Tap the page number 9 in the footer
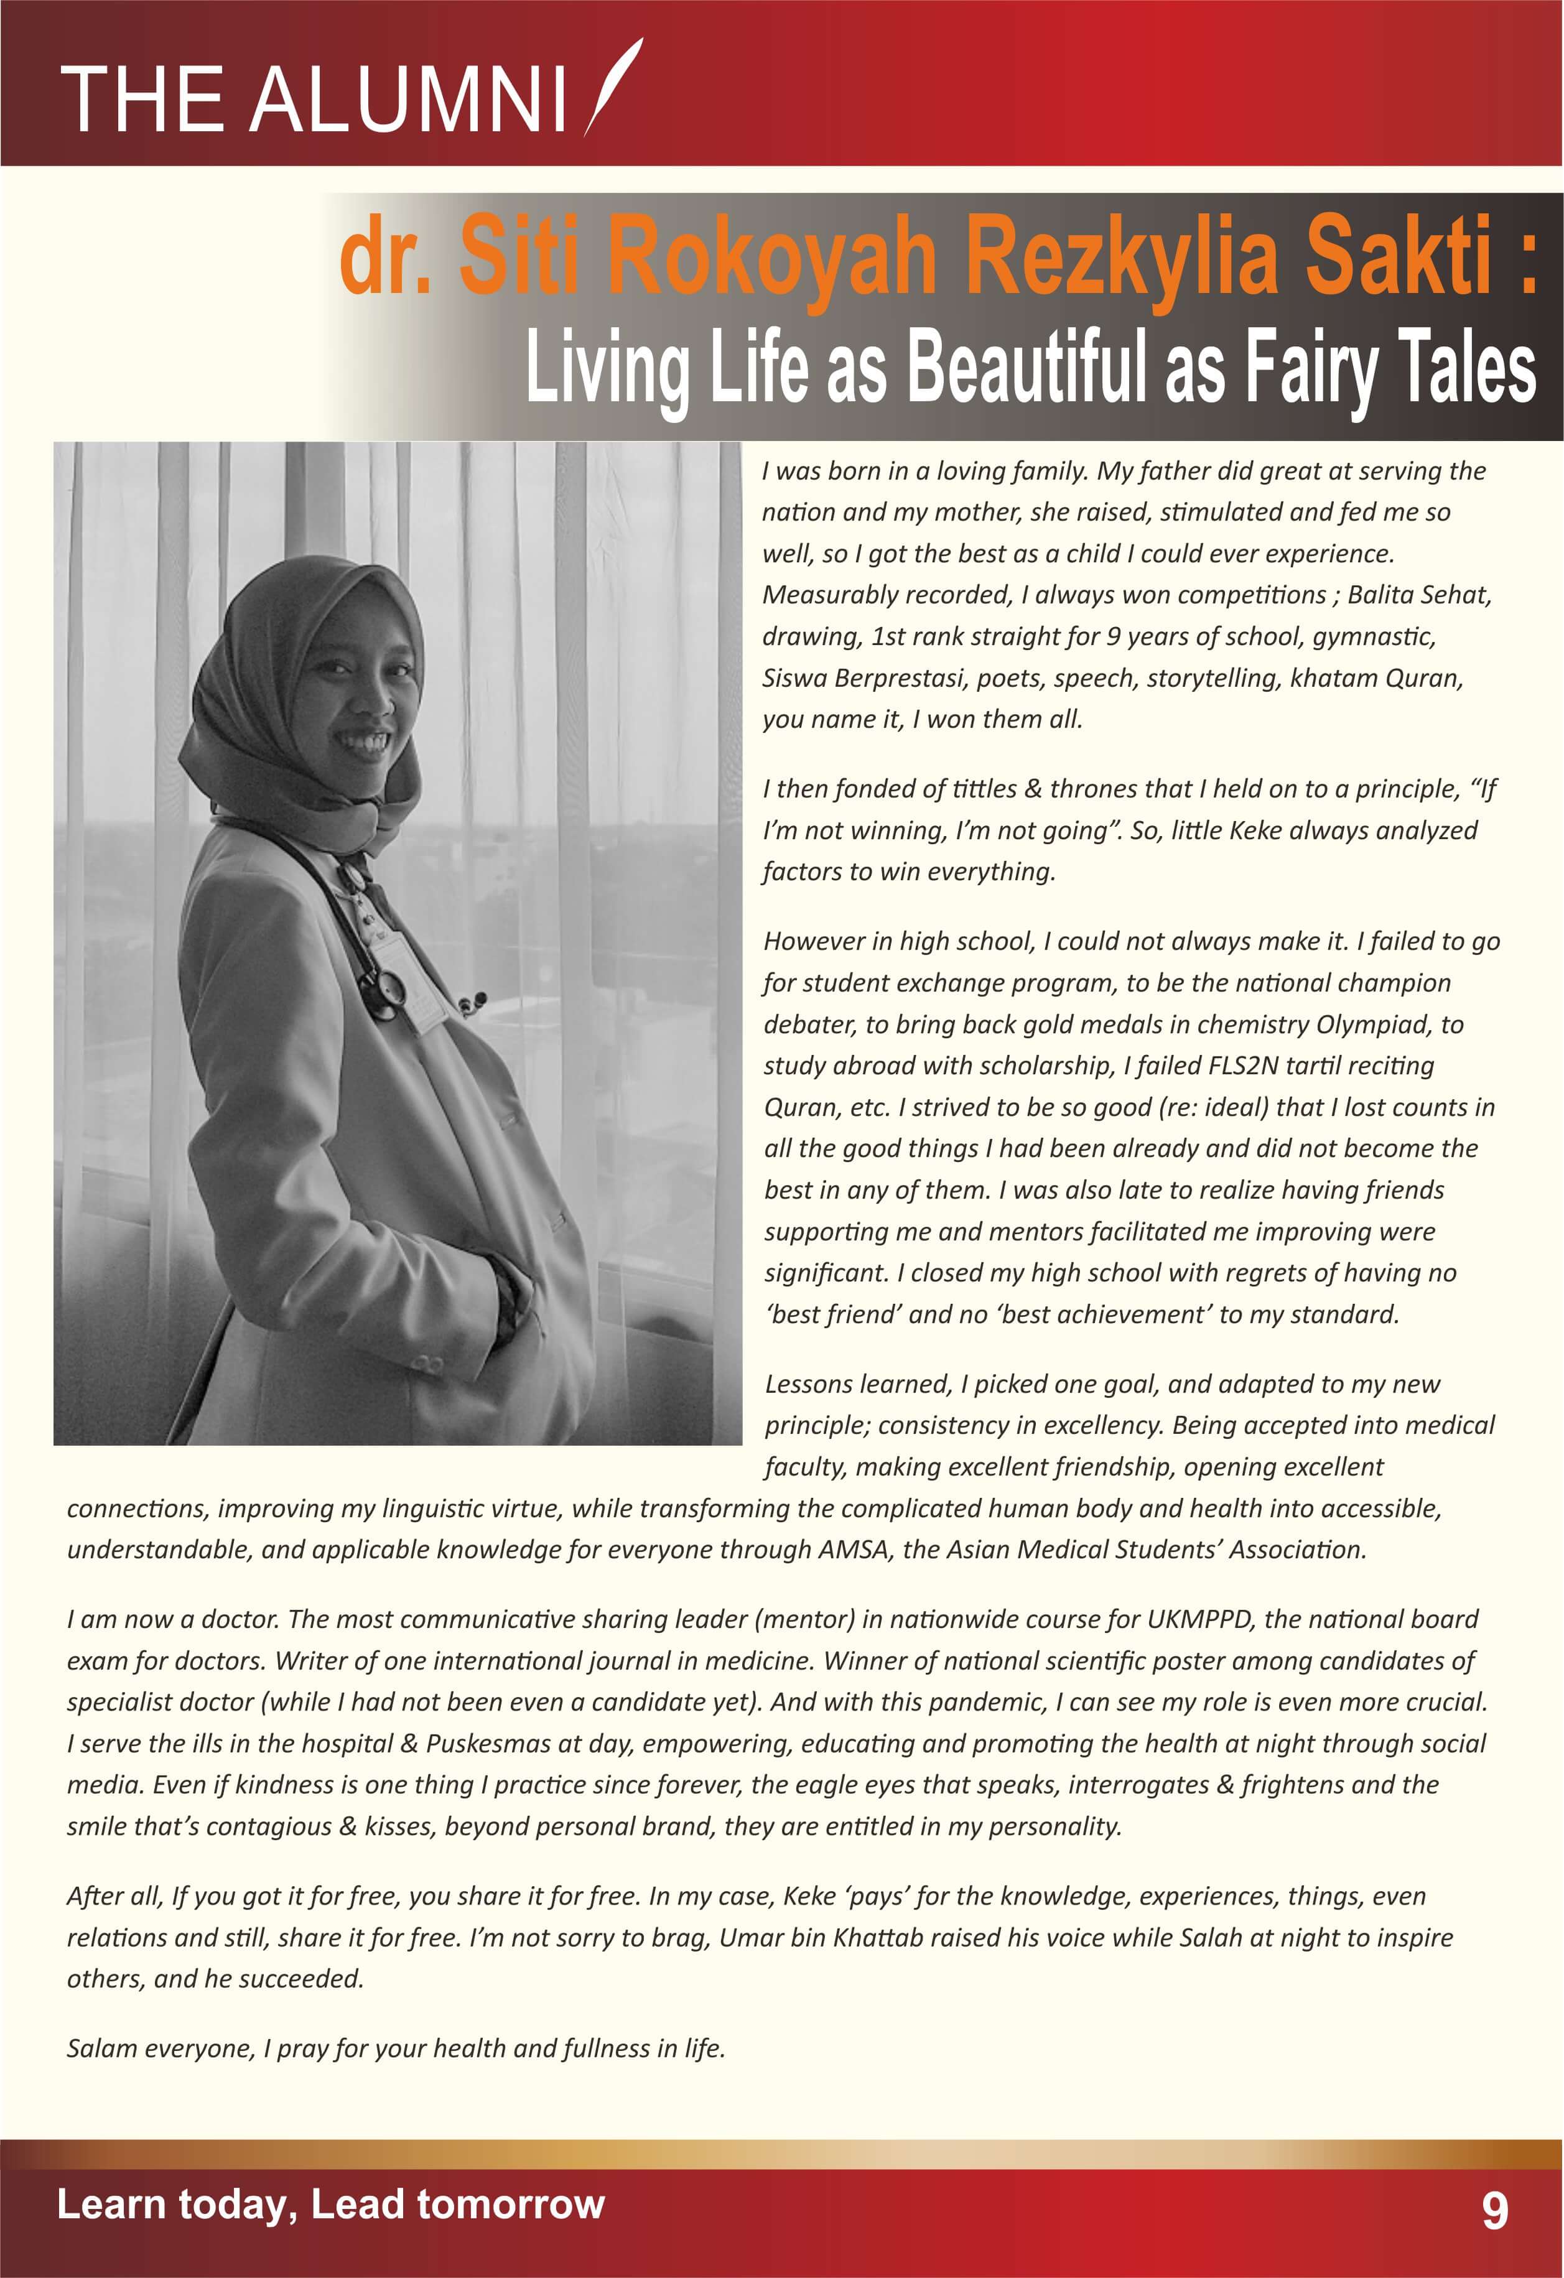pyautogui.click(x=1494, y=2210)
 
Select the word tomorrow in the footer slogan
pyautogui.click(x=510, y=2205)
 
